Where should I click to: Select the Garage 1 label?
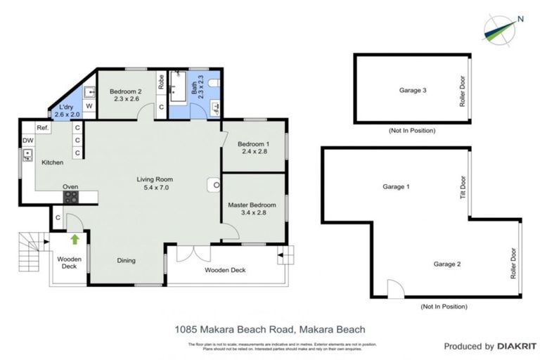[394, 187]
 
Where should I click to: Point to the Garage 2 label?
[446, 264]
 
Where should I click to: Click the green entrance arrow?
[75, 239]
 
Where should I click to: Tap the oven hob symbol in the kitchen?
[71, 198]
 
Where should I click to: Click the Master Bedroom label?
[252, 209]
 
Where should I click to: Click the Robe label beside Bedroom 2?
[161, 81]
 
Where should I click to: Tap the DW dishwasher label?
[27, 141]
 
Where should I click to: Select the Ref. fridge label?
[42, 128]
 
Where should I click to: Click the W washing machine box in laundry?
[89, 106]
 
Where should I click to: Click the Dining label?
[127, 261]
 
